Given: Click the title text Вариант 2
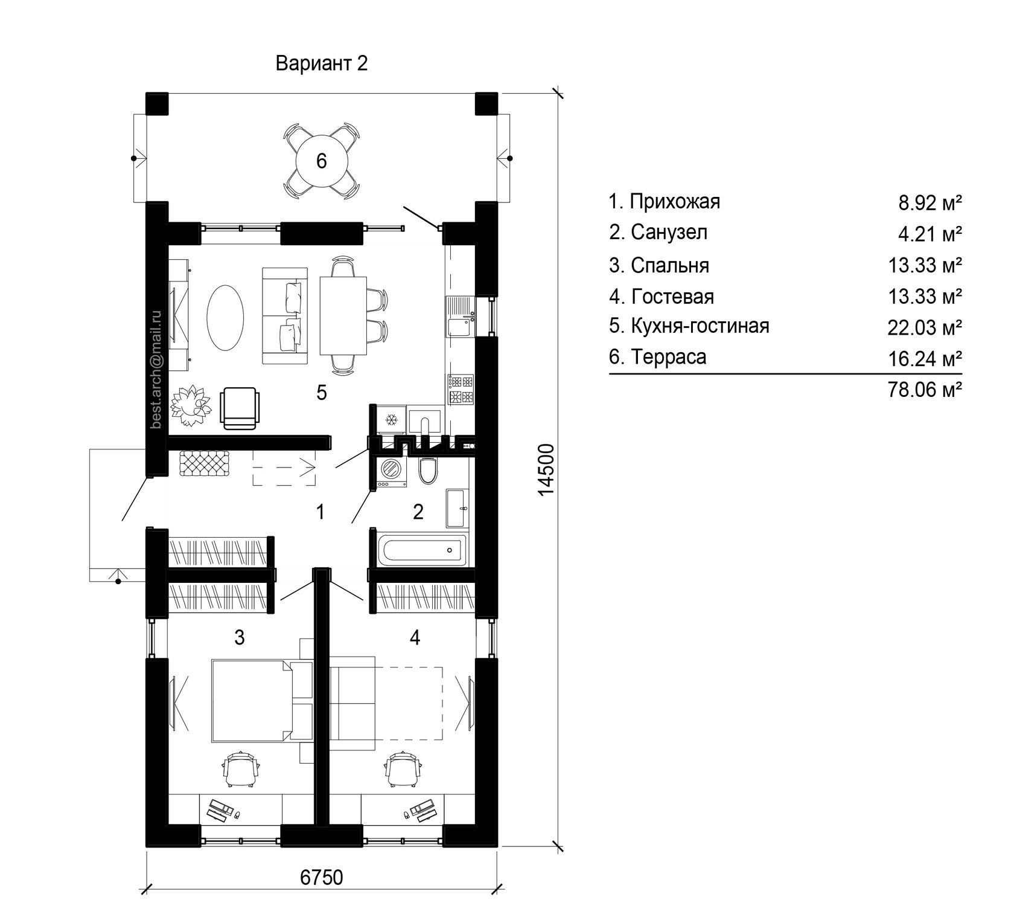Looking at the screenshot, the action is click(321, 63).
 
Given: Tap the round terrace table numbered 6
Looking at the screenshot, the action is click(321, 161).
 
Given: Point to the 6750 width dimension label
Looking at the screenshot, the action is click(321, 877).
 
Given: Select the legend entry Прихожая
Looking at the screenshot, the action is click(665, 201).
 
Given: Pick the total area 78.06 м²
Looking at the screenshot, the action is click(924, 390).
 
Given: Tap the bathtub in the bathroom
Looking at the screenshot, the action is click(421, 549).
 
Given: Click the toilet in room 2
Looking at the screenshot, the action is click(428, 471).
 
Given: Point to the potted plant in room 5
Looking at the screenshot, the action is click(192, 406).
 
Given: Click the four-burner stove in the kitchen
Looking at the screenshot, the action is click(461, 390).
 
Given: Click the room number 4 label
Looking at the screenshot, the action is click(414, 637).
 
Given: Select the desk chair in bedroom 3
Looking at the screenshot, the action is click(242, 769).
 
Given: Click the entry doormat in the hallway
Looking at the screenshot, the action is click(205, 463).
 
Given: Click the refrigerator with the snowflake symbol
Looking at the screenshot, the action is click(389, 419).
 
